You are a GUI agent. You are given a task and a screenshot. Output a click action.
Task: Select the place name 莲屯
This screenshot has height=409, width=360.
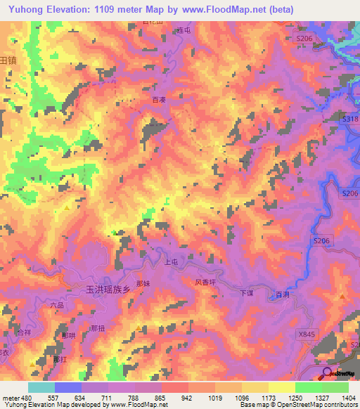coord(184,31)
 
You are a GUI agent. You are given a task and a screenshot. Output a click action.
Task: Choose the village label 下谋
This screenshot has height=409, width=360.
coord(246,292)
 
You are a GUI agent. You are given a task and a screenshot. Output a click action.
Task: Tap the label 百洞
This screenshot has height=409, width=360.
coord(283,294)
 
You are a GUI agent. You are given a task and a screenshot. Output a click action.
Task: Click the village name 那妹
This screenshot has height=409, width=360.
coord(143,283)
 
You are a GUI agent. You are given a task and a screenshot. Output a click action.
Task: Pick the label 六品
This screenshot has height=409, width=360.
coord(58,304)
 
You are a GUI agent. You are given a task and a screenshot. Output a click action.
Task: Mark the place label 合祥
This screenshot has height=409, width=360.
coord(25,331)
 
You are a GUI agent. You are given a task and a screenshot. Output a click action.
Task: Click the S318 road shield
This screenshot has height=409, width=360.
coord(349,120)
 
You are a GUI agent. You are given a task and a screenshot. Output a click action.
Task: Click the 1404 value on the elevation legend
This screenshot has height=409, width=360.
coord(349,397)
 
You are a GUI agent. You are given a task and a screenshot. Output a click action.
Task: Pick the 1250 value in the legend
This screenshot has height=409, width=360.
coord(295,397)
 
